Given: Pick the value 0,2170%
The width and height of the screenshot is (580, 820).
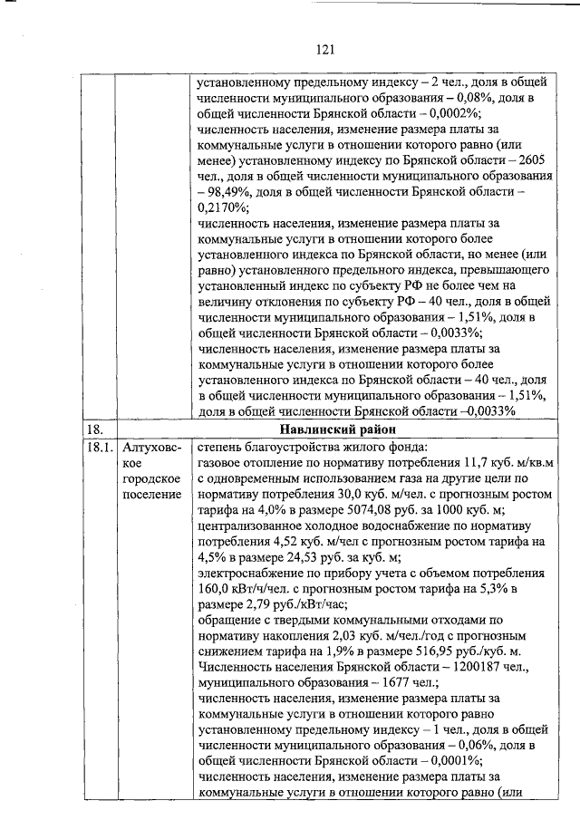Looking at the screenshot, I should (221, 210).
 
